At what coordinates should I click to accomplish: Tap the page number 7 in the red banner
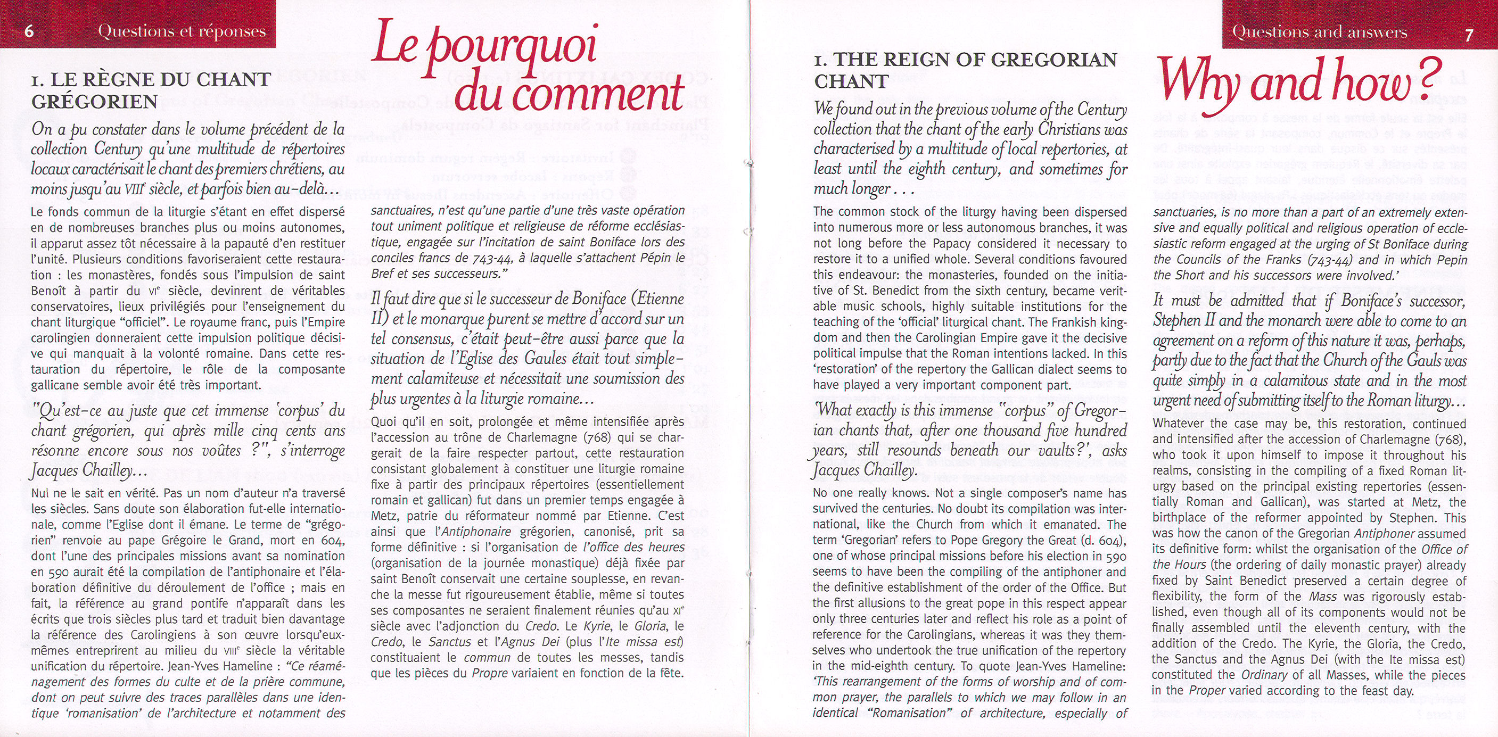[x=1469, y=35]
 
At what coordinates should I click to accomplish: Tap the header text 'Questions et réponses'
[x=182, y=31]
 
